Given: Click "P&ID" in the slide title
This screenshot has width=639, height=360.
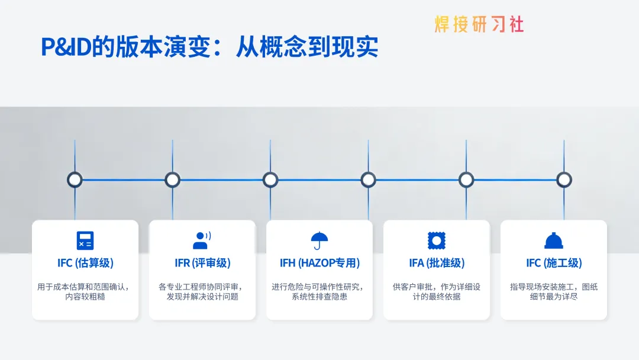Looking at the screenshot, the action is [x=66, y=47].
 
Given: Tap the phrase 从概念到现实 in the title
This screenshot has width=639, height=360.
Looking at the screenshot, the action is [x=307, y=47].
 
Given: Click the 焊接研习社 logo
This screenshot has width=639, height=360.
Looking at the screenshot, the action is [x=479, y=25].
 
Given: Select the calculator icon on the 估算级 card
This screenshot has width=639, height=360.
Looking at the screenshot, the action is [x=85, y=240].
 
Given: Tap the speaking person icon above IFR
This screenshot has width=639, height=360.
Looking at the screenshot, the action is [x=202, y=240].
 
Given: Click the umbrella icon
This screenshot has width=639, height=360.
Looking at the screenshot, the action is [x=319, y=240].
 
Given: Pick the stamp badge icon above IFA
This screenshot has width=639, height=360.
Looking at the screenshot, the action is [x=437, y=240].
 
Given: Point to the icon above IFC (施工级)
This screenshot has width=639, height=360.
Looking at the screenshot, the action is [x=554, y=240].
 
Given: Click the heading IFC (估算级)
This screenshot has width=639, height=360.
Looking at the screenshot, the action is [x=85, y=263].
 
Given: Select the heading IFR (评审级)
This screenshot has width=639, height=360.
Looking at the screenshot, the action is [x=202, y=263].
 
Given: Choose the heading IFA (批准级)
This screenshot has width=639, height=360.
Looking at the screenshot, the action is [x=437, y=263].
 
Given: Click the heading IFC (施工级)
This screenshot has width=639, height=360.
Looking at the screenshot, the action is [x=554, y=263].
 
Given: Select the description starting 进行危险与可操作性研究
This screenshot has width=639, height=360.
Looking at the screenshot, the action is [x=319, y=291].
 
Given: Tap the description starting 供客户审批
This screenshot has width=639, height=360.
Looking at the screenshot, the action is [x=437, y=291].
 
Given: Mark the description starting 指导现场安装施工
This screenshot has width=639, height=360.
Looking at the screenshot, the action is [x=554, y=291].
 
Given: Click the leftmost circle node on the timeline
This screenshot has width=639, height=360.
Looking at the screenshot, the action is [x=75, y=179].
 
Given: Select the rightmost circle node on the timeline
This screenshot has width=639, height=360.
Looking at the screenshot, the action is [x=564, y=179].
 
